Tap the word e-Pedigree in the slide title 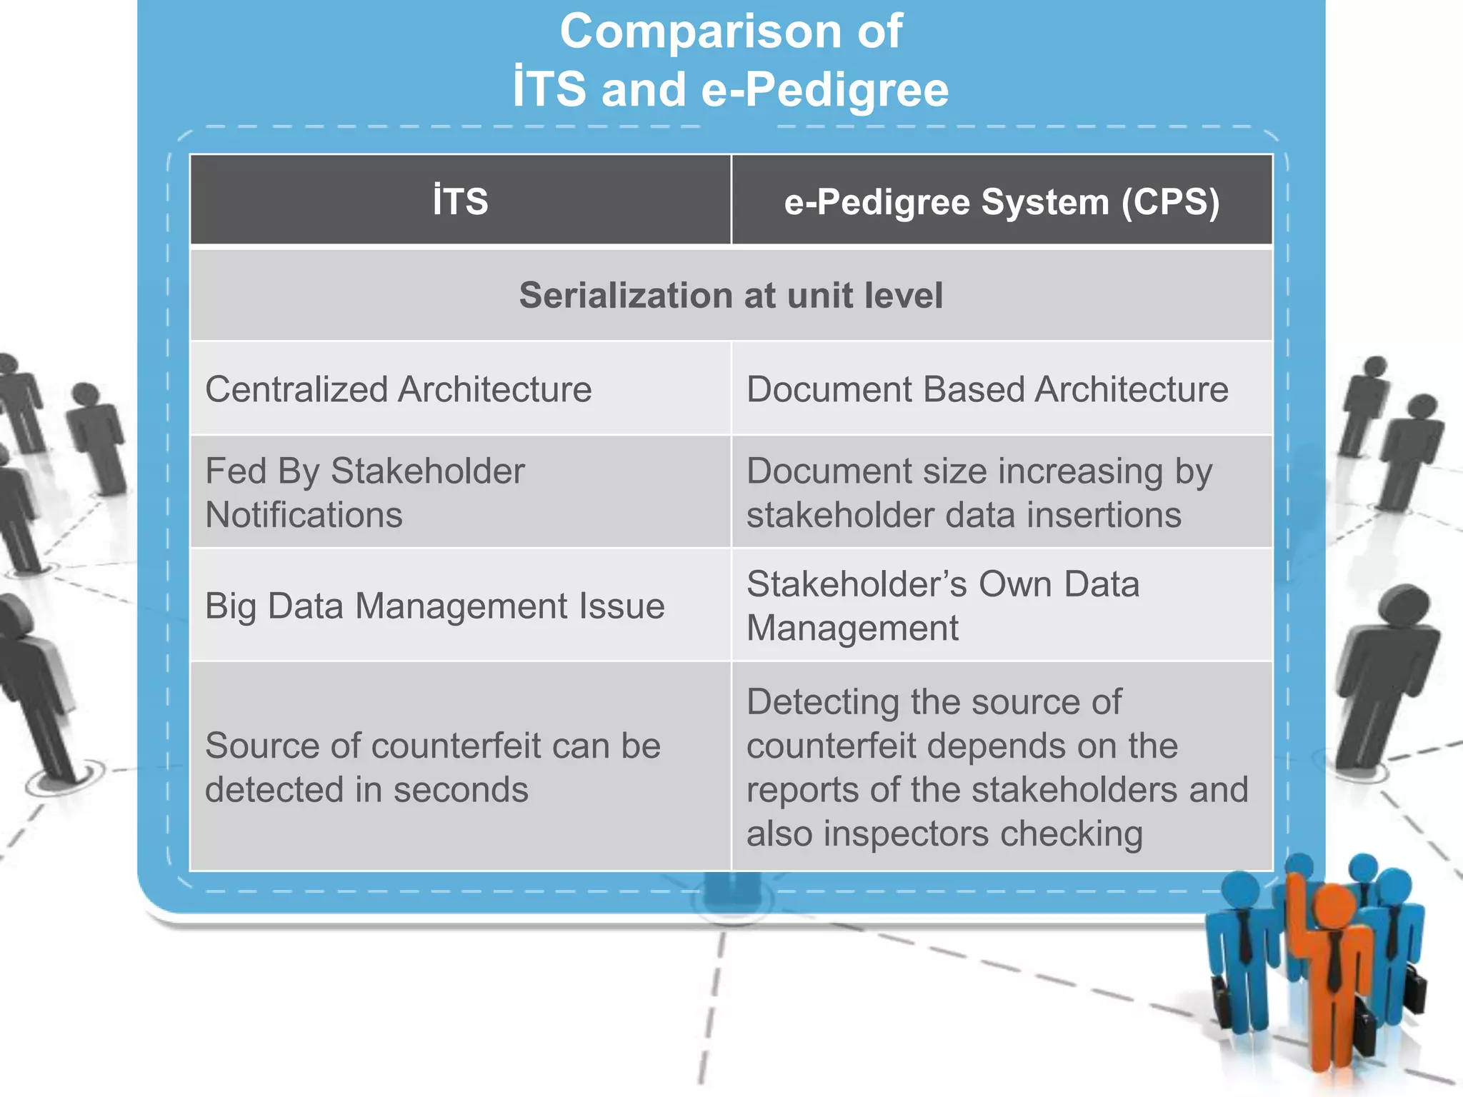point(825,90)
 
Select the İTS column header point(460,201)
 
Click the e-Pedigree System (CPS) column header point(1002,201)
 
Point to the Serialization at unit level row point(731,296)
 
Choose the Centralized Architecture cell point(399,390)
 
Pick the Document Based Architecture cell point(987,390)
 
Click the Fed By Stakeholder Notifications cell point(364,493)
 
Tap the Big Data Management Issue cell point(434,606)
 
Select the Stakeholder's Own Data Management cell point(942,606)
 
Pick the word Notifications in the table point(304,516)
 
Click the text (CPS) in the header point(1169,201)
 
